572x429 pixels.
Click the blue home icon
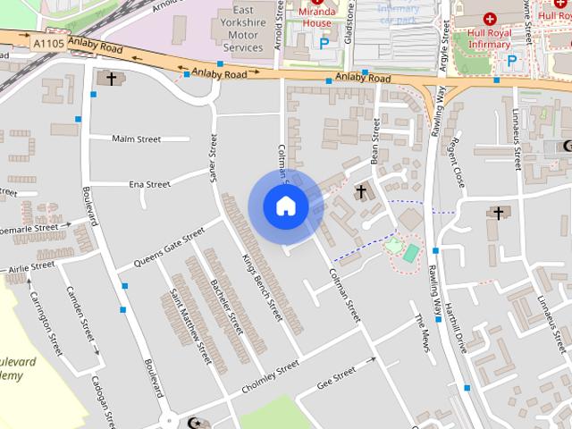tap(286, 206)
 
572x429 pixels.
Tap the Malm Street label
tap(136, 139)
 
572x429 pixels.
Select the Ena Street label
tap(149, 185)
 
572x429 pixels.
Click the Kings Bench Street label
tap(261, 287)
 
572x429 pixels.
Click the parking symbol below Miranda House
tap(324, 42)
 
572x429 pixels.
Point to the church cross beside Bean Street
tap(361, 191)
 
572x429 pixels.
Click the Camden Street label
tap(80, 320)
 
